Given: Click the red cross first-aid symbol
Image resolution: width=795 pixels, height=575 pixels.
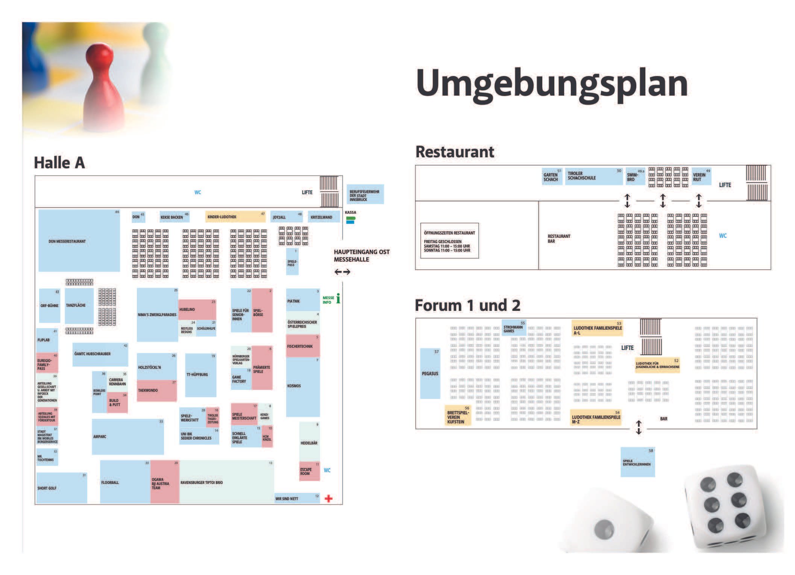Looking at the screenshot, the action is point(328,499).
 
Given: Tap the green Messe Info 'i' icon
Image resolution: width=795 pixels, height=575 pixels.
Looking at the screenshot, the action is point(338,298).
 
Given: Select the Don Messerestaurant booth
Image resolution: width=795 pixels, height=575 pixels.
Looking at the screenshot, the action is point(79,241).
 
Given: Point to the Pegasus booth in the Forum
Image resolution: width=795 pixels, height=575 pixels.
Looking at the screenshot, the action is point(430,373).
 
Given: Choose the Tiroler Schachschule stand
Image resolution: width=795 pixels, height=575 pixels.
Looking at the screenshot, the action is point(593,176).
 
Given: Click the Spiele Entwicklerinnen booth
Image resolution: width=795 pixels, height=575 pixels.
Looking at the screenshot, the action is point(637,462).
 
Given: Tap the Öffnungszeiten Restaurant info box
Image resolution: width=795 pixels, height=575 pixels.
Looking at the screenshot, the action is point(449,241).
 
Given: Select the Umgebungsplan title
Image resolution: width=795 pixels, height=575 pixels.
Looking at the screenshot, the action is point(552,84).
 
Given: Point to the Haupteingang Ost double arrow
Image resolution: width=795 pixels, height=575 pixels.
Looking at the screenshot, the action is point(342,272).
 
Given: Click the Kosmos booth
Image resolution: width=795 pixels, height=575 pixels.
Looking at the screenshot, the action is point(303,386).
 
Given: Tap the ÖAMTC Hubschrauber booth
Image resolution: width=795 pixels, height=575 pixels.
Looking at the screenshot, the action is point(100,354).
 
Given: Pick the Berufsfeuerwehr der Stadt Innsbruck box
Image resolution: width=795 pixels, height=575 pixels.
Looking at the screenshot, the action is point(365,195).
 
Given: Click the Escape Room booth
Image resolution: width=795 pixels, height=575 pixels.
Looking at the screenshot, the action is point(309,471).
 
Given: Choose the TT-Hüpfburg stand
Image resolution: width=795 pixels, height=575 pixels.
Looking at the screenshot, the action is point(200,375).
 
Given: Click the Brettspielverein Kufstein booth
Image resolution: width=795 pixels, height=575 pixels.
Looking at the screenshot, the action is point(458,416).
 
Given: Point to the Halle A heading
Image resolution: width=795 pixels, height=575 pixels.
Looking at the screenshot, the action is point(59,163).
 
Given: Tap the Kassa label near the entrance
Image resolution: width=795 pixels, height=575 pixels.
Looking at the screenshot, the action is point(350,213).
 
